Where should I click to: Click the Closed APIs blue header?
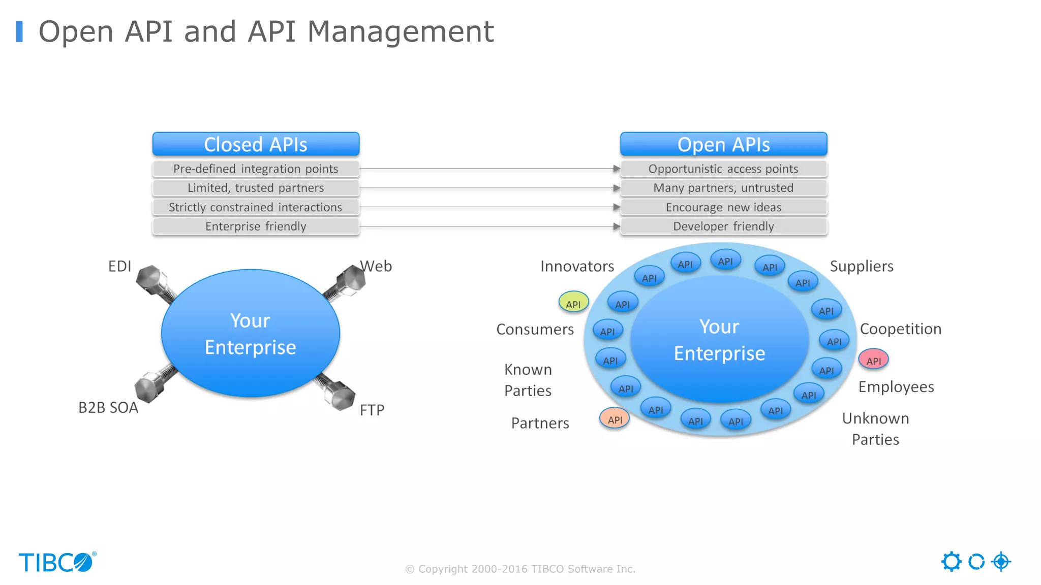coord(256,145)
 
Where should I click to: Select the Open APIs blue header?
coord(723,145)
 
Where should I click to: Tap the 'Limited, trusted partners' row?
coord(256,188)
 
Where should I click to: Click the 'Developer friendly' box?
coord(723,226)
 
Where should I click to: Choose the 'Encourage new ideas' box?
coord(723,207)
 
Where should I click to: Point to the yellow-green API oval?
coord(573,303)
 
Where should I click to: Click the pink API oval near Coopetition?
coord(873,360)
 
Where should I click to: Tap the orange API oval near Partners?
coord(615,419)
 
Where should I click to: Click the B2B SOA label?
coord(108,408)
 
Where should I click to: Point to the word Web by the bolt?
coord(376,266)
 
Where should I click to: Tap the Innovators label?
coord(577,266)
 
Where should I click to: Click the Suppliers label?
coord(862,266)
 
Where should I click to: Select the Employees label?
coord(896,387)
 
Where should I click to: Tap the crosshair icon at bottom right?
coord(1001,562)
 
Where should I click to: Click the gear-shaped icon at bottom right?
coord(951,562)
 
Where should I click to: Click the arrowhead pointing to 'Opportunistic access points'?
coord(617,169)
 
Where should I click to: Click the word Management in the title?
coord(401,31)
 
